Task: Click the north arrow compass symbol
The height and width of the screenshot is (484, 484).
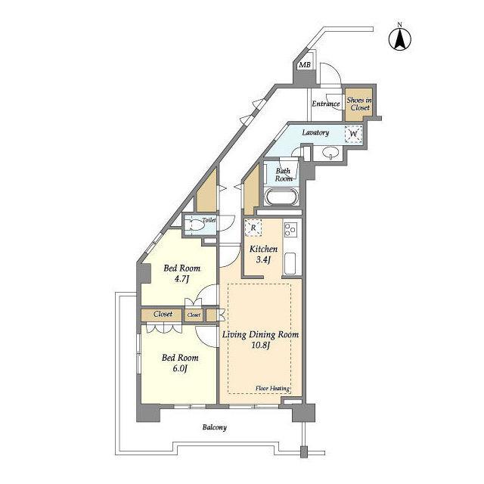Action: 400,39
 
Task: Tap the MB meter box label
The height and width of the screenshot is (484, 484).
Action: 305,65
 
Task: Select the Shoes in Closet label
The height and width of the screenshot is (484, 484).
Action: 359,104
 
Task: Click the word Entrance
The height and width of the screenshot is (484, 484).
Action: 326,104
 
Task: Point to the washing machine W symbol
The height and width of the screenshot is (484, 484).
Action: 354,134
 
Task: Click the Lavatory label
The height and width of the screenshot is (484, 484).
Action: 315,132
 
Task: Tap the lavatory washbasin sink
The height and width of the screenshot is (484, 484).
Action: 330,153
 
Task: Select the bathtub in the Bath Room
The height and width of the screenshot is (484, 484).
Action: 281,197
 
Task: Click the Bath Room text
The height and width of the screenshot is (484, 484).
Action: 284,175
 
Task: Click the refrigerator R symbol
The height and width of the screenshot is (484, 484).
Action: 253,228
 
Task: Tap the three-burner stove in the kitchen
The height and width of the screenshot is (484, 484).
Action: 290,230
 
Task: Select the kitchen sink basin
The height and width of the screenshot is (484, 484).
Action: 290,263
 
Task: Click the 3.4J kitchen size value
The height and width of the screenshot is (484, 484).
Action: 263,260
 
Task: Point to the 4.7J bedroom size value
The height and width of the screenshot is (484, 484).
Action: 181,279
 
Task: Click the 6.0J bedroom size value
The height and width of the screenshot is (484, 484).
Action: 180,369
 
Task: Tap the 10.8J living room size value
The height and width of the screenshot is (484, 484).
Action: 260,345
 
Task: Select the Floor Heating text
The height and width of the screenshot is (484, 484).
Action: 272,389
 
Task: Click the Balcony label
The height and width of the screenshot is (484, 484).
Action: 215,427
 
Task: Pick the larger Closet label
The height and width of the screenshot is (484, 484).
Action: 163,314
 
